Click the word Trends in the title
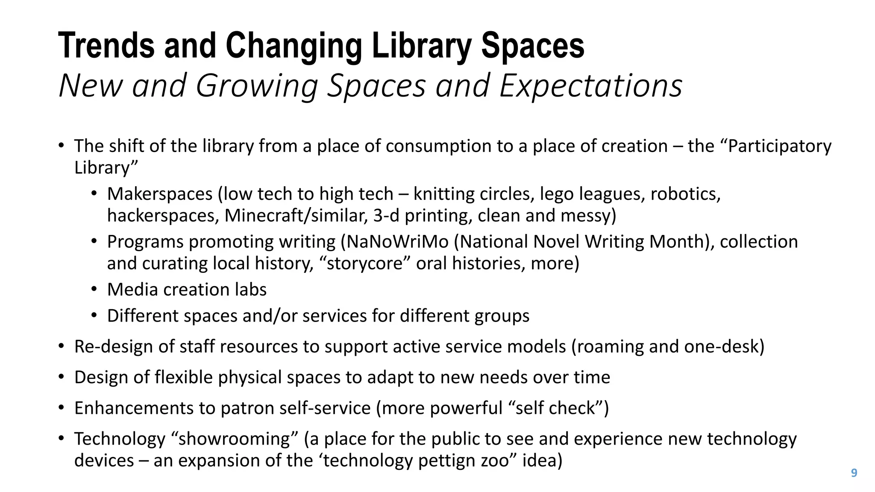[x=106, y=46]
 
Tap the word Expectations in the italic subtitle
[x=590, y=86]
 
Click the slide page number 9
[x=854, y=473]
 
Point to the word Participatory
[x=779, y=146]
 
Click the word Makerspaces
[x=160, y=194]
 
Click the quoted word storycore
[x=365, y=264]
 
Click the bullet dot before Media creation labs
[x=94, y=290]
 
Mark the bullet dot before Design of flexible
[x=62, y=377]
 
